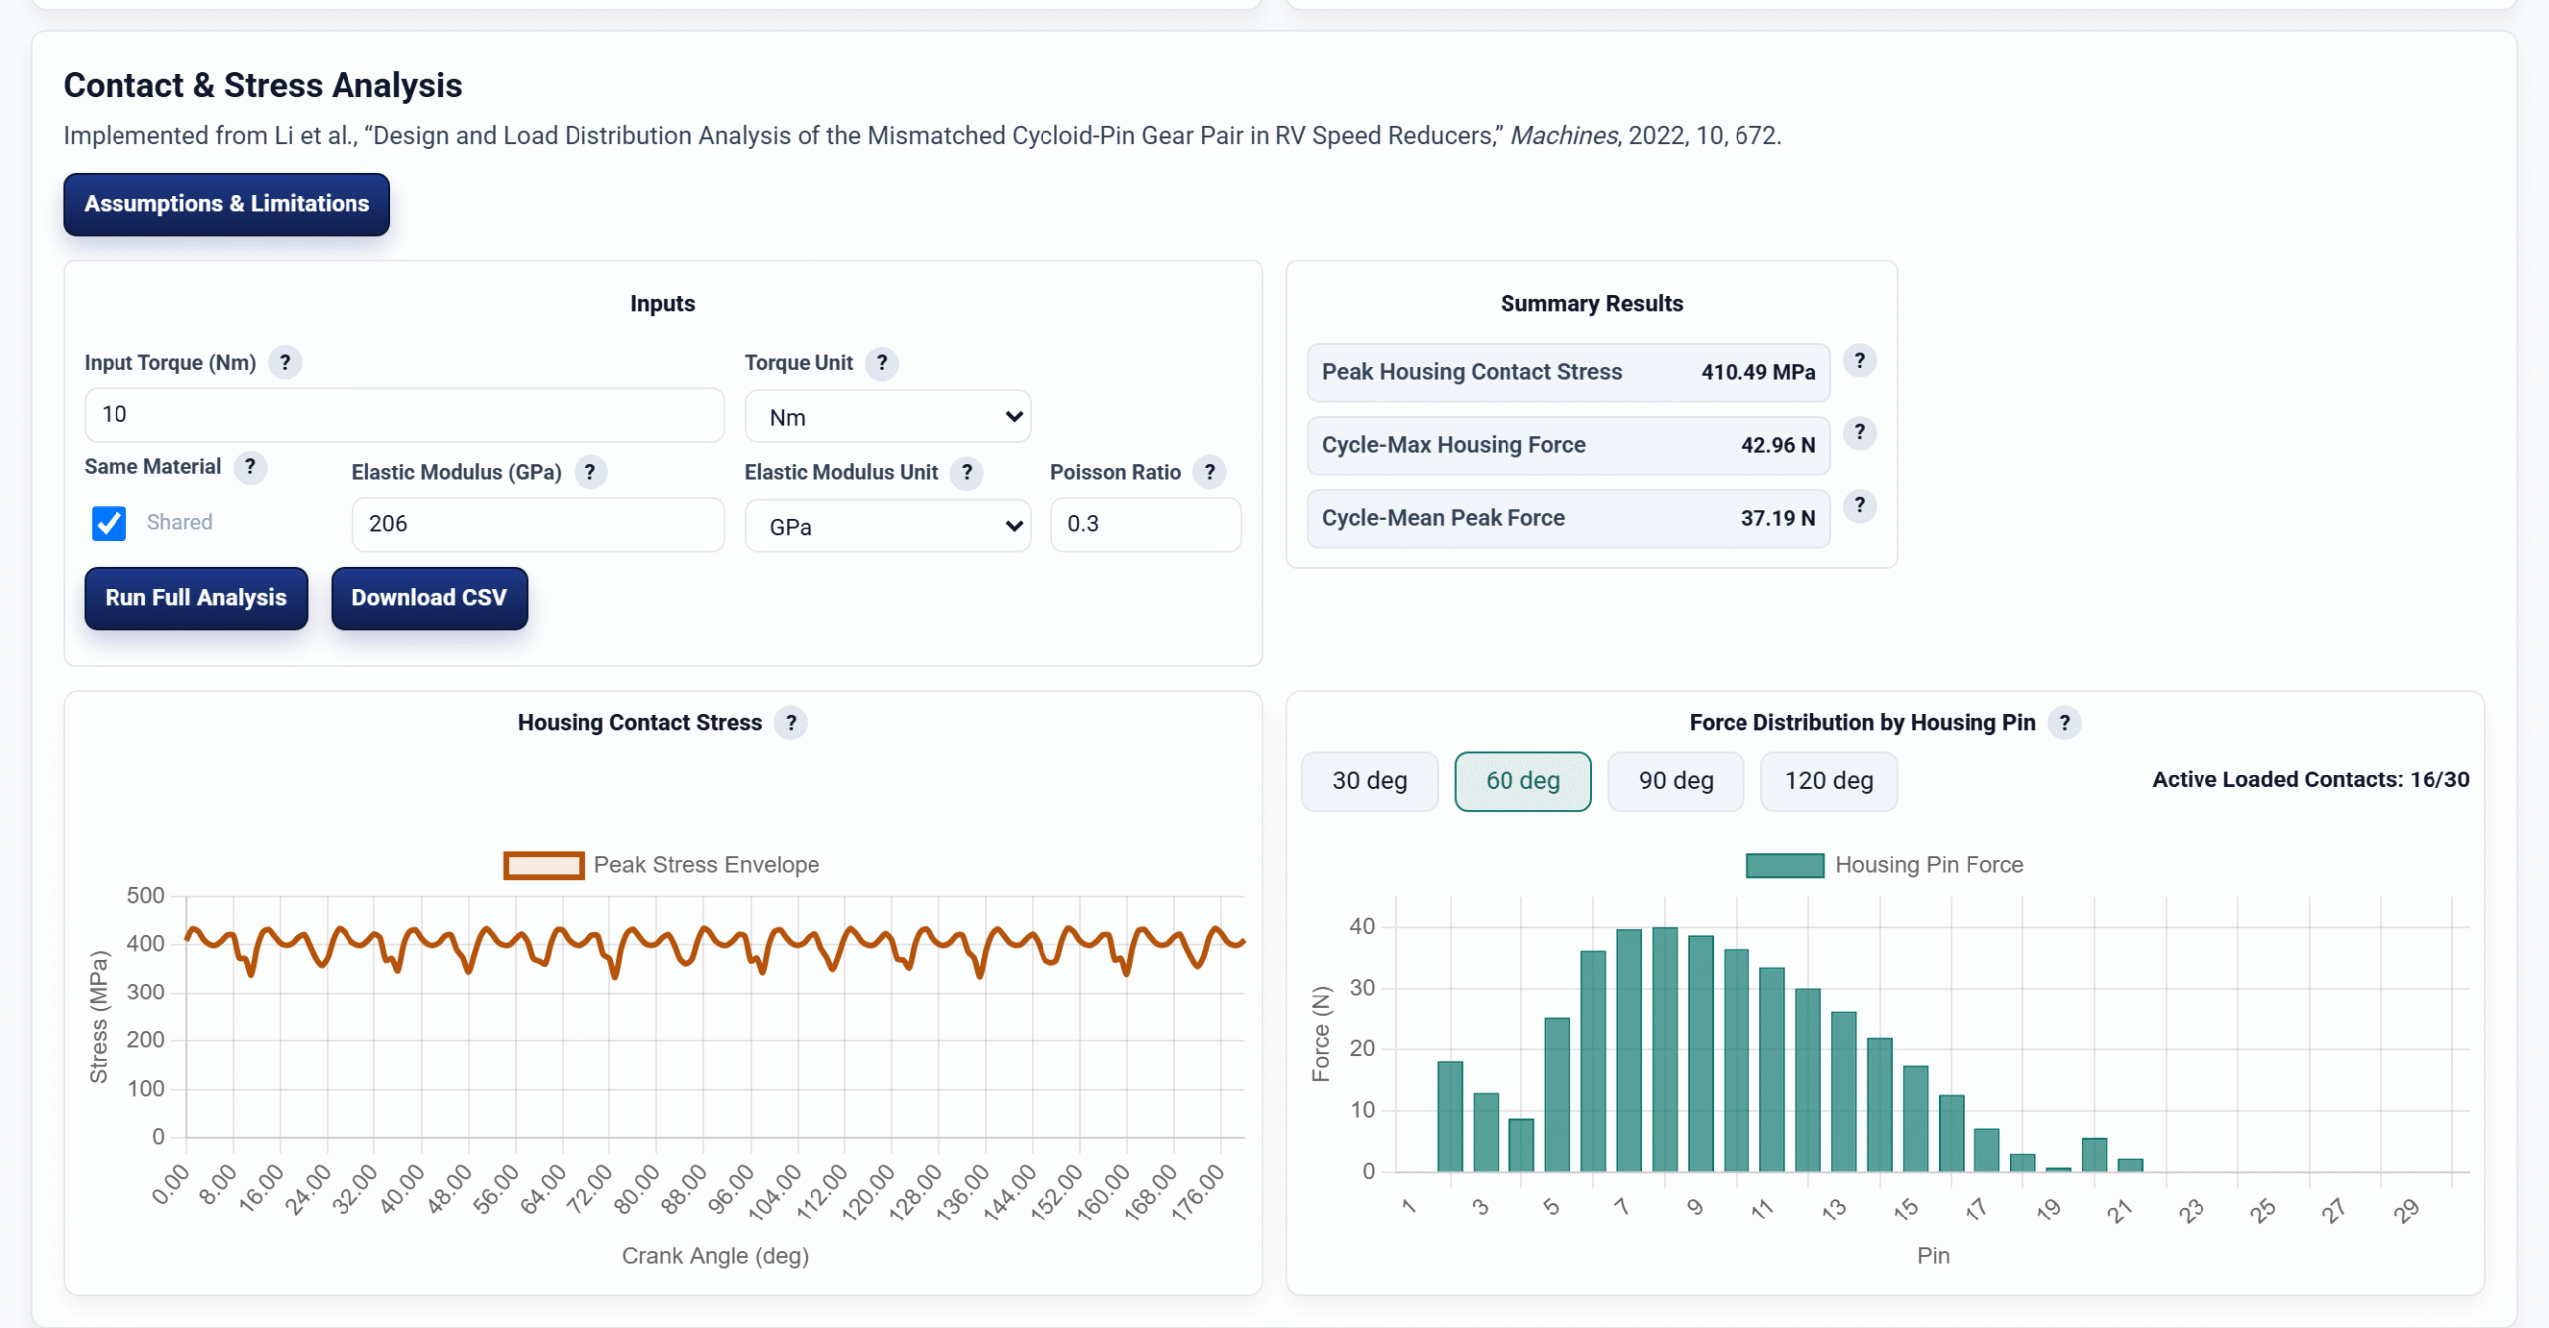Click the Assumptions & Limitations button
click(226, 204)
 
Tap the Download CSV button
click(429, 598)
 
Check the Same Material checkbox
click(109, 523)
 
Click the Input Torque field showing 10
click(404, 415)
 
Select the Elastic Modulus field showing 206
click(538, 524)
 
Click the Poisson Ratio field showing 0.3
click(1145, 524)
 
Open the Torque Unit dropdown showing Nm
click(887, 417)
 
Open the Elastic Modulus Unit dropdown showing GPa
click(887, 526)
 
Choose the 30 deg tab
click(1369, 781)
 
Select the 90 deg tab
click(1676, 781)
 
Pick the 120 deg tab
click(1828, 781)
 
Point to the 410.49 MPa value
click(1757, 372)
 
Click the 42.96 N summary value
click(1778, 445)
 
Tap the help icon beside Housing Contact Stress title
click(791, 723)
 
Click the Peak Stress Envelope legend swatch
click(544, 865)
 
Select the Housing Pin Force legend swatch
click(1784, 865)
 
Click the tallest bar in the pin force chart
click(1665, 1049)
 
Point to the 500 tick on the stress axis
click(145, 895)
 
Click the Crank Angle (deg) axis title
click(715, 1256)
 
